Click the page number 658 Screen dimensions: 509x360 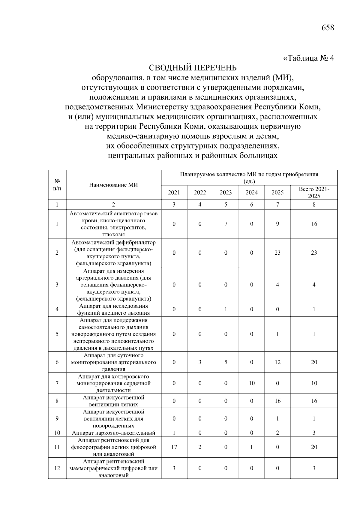click(327, 28)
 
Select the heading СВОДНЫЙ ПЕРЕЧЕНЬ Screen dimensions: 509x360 click(193, 68)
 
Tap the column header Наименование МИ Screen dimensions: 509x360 click(113, 185)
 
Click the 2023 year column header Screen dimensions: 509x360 click(226, 193)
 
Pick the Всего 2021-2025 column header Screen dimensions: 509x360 click(314, 193)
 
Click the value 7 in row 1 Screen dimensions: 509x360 click(226, 224)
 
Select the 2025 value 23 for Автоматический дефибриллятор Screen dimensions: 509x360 click(277, 253)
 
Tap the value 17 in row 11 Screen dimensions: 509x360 click(174, 447)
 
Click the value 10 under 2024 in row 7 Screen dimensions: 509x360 click(252, 383)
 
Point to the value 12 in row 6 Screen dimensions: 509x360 click(277, 362)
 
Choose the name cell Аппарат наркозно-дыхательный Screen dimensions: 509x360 click(113, 433)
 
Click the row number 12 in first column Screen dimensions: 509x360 click(57, 468)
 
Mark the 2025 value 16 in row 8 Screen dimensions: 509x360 click(277, 401)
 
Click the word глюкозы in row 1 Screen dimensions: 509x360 click(113, 235)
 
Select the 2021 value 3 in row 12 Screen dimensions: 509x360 click(174, 468)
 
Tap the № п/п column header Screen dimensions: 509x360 click(57, 185)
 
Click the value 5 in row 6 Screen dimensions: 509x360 click(226, 362)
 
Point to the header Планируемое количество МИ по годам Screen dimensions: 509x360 click(249, 175)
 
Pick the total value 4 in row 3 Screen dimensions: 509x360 click(314, 285)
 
